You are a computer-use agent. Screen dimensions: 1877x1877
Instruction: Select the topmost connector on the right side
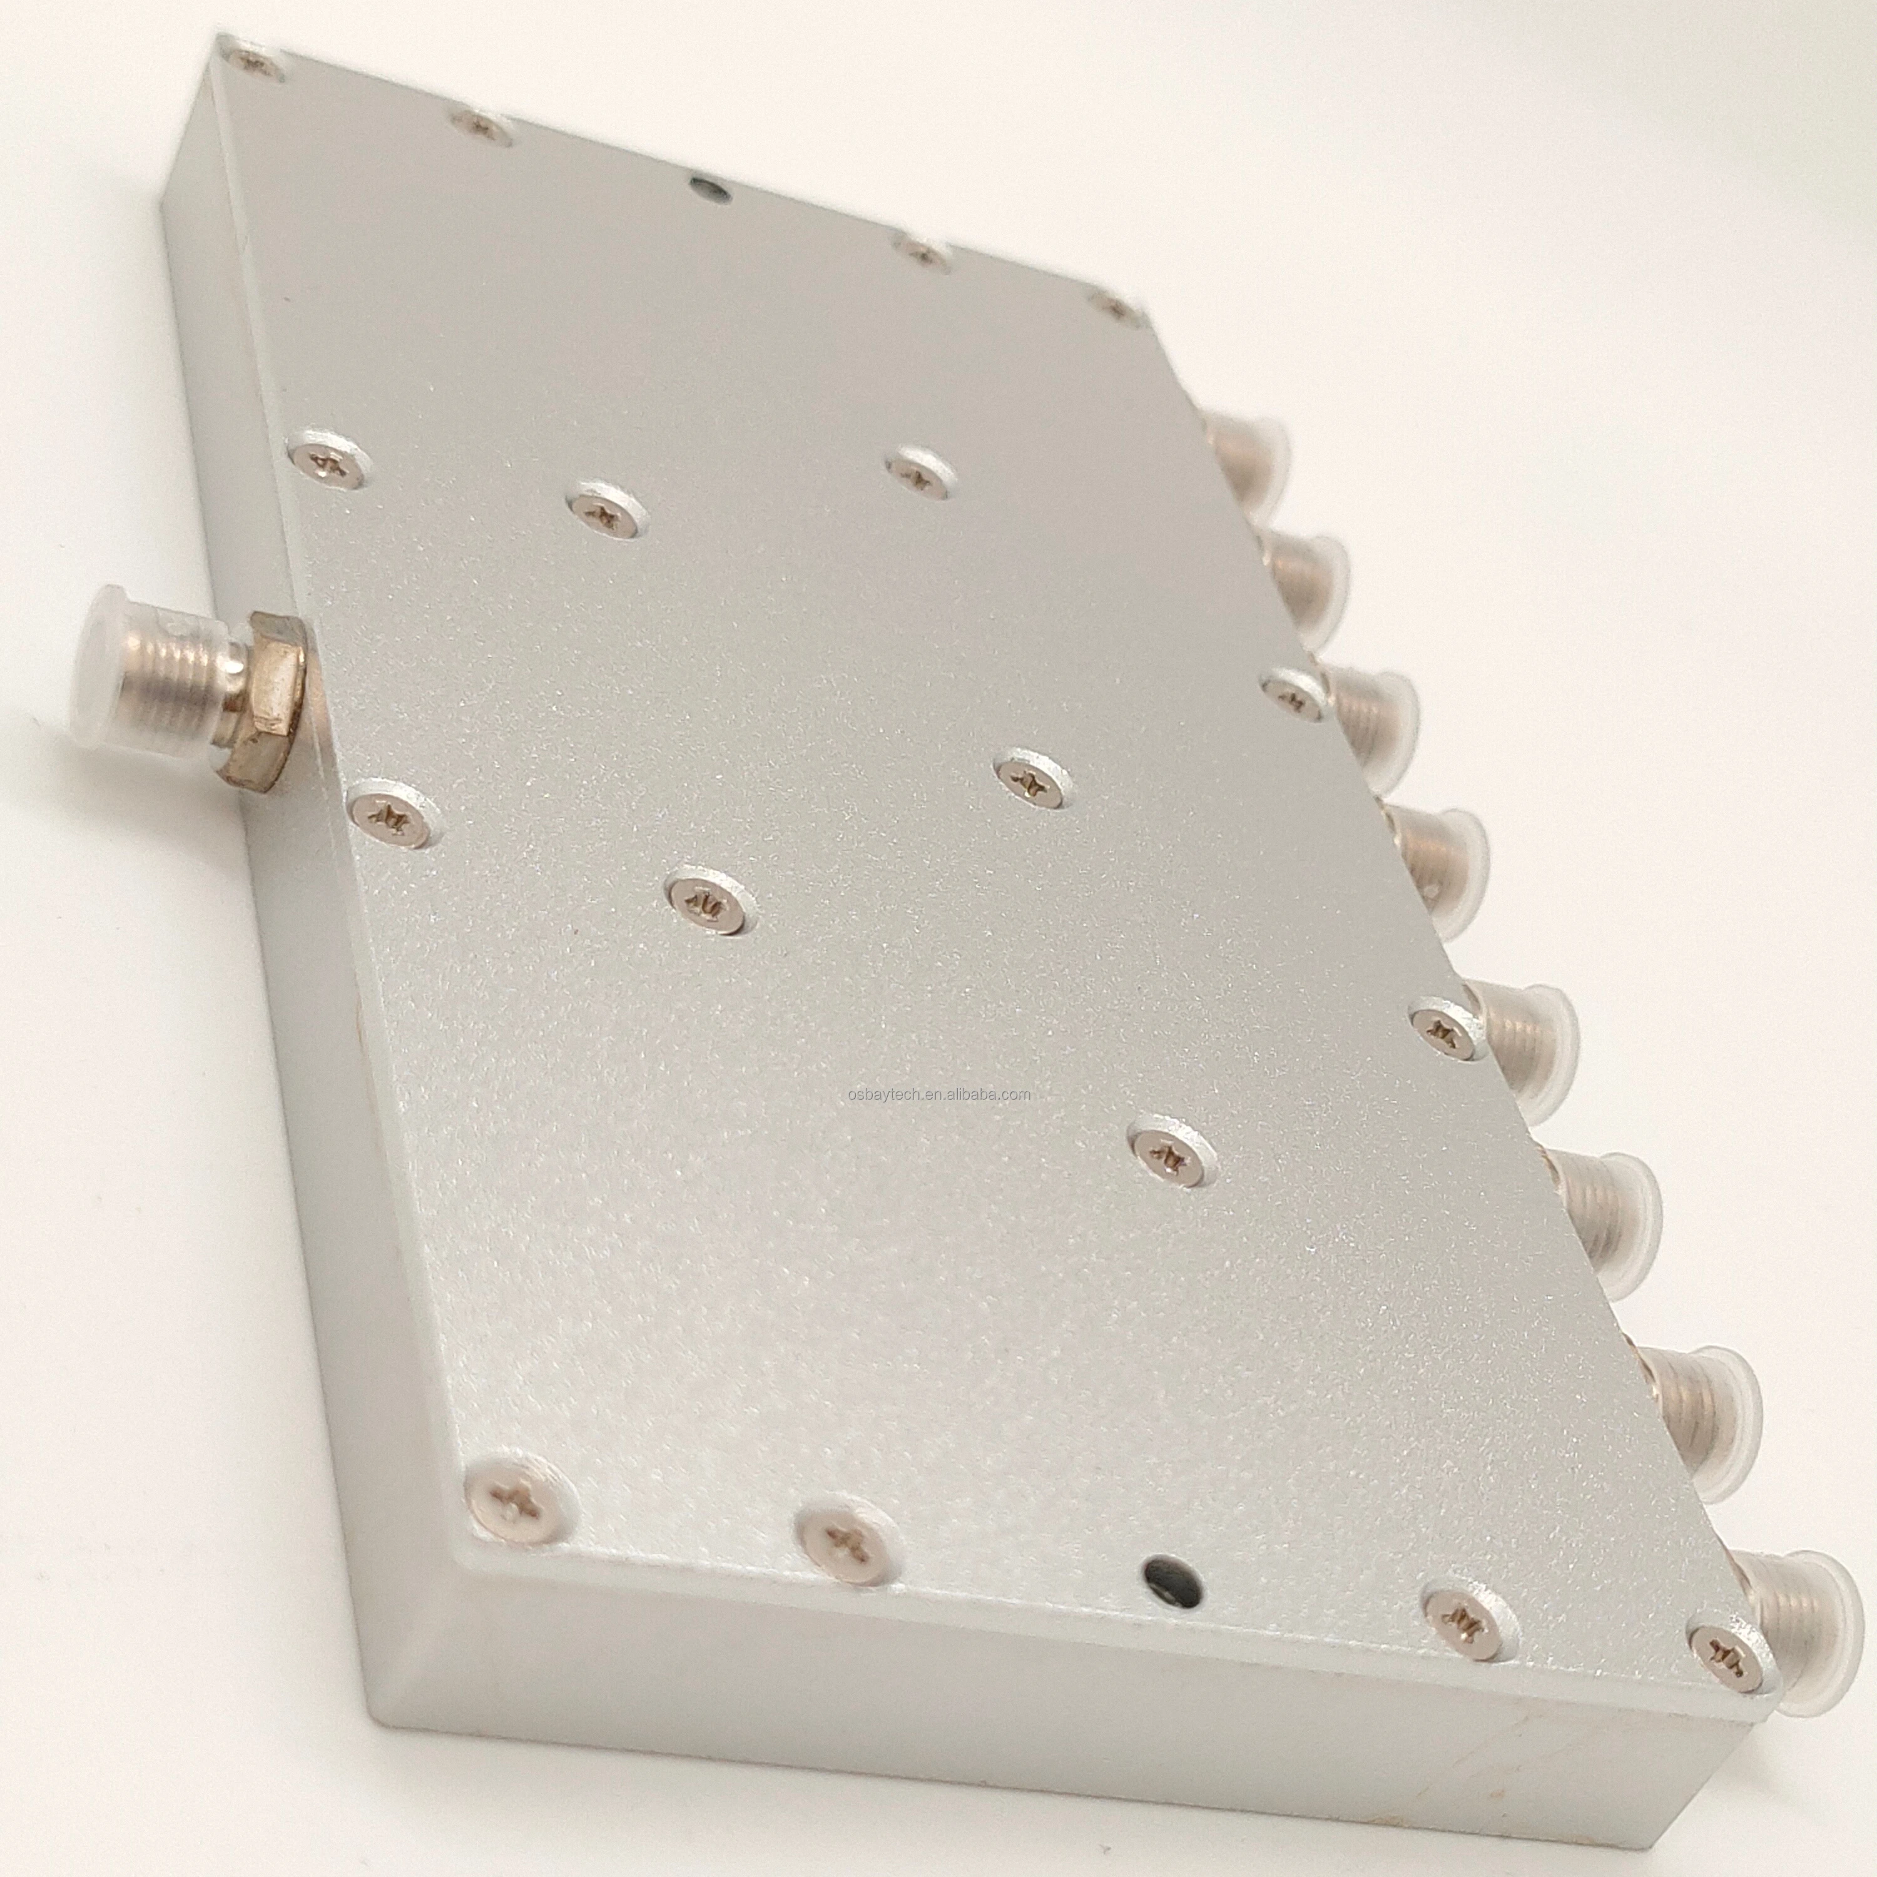click(x=1248, y=449)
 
